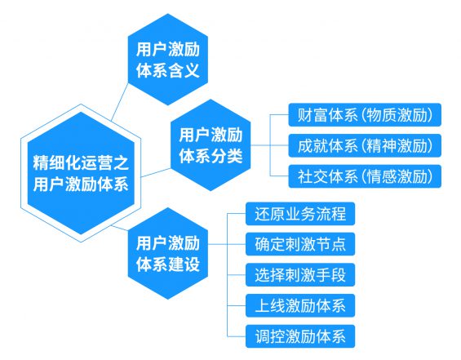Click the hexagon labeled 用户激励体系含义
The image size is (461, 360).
[167, 59]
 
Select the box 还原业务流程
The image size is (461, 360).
[300, 216]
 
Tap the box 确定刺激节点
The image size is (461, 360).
[300, 244]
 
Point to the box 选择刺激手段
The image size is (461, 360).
[300, 274]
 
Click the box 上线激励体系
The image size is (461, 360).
[300, 306]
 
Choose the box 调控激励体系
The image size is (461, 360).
[300, 335]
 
